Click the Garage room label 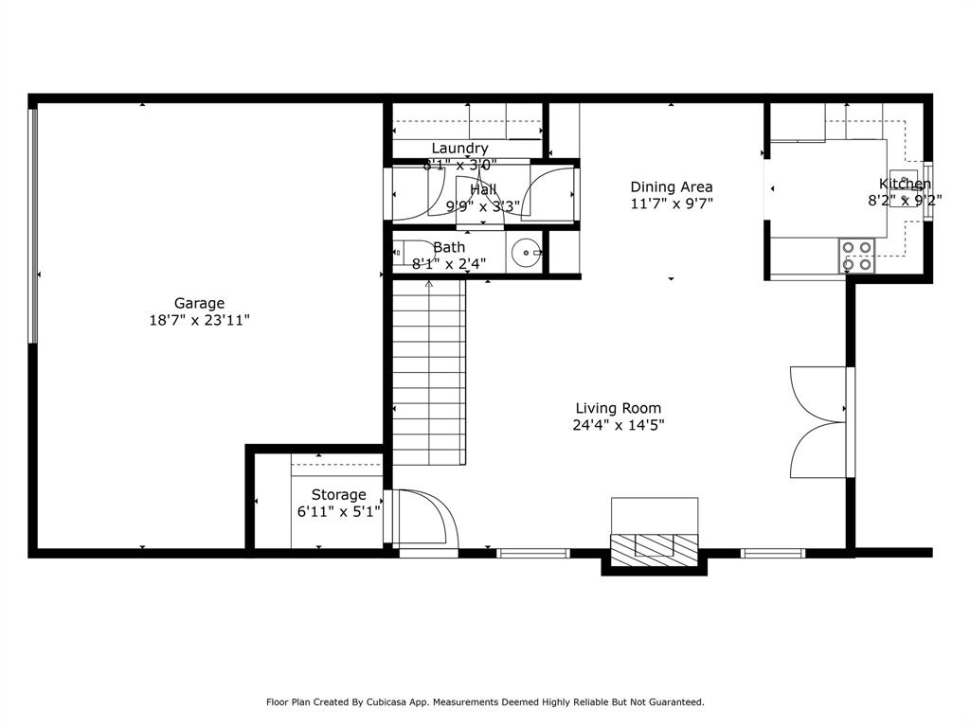199,303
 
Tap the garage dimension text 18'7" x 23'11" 199,320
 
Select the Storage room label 338,494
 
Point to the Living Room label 618,408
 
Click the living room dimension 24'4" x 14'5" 618,425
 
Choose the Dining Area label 672,186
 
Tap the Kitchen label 905,184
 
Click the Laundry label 459,148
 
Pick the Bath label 449,247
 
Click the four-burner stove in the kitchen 857,256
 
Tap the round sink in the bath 526,253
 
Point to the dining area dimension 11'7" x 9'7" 672,204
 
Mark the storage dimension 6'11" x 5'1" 338,511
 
